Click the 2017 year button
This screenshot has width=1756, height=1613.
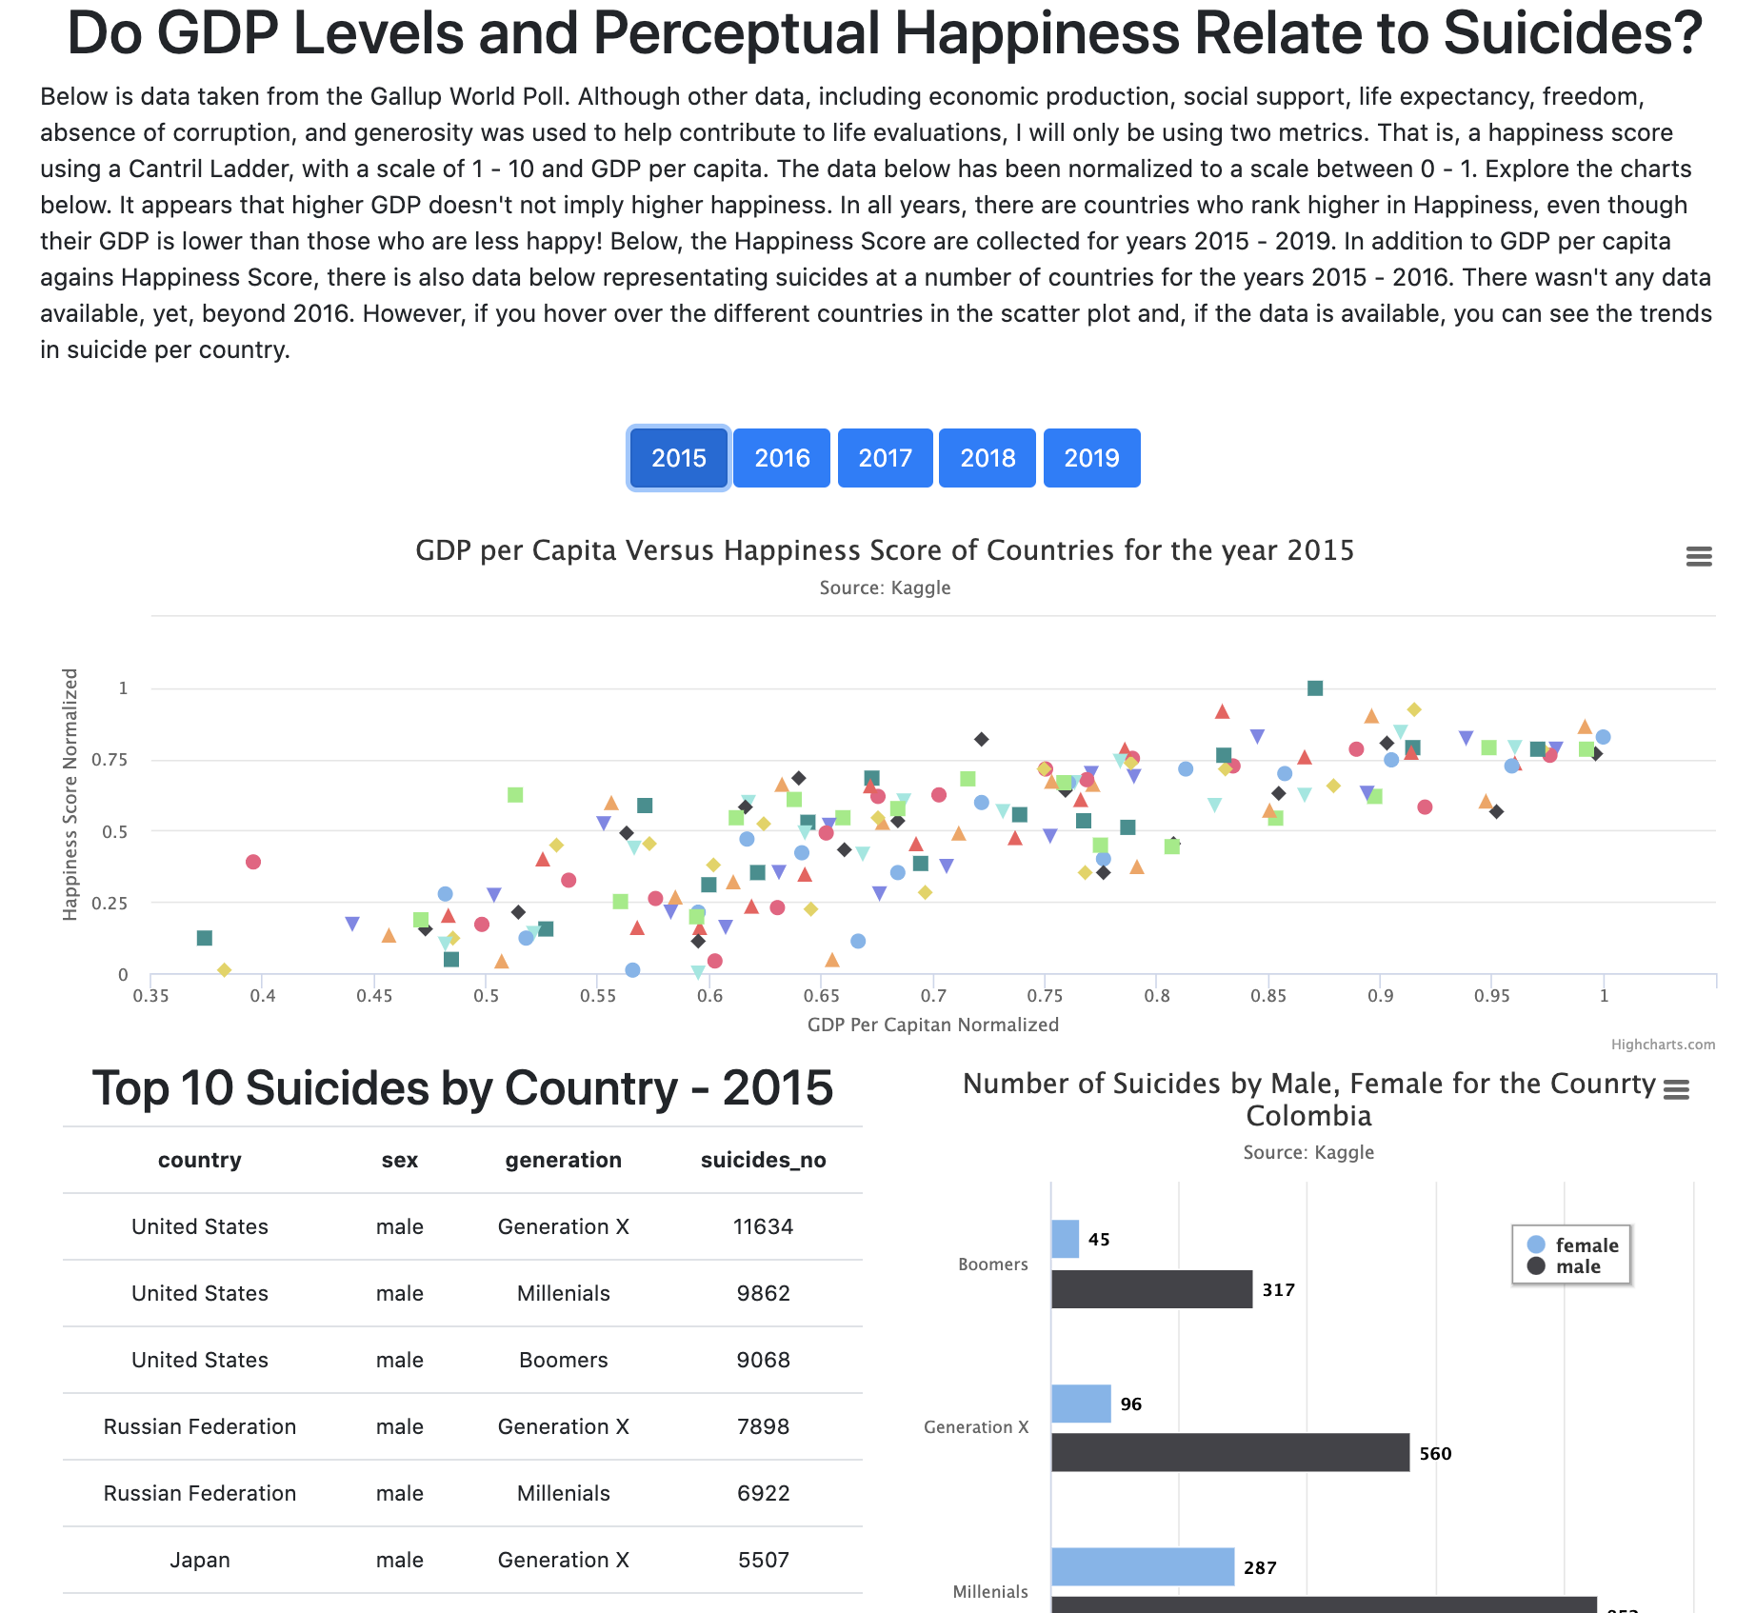coord(885,458)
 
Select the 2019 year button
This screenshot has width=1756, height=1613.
coord(1091,458)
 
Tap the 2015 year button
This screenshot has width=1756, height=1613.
coord(678,458)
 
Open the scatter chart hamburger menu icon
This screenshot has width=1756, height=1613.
coord(1699,557)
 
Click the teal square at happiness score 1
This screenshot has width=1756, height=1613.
coord(1315,688)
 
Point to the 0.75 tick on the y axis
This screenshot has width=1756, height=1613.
coord(110,760)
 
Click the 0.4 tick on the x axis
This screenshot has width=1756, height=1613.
coord(263,996)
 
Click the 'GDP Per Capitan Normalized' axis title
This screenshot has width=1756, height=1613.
coord(932,1025)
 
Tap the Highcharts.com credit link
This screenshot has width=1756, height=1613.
coord(1663,1045)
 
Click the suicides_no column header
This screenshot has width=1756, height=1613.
coord(763,1160)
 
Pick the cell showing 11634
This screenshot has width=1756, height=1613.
coord(763,1226)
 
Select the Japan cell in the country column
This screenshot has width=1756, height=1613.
coord(200,1560)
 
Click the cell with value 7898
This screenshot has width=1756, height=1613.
coord(763,1426)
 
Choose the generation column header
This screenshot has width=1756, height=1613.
coord(563,1160)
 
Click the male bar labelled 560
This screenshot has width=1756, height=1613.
coord(1229,1453)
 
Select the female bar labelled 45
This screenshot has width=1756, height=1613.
coord(1066,1239)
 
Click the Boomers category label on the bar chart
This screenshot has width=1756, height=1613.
coord(992,1265)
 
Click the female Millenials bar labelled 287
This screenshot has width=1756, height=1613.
coord(1143,1567)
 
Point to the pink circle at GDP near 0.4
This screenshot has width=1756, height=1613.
coord(253,862)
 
